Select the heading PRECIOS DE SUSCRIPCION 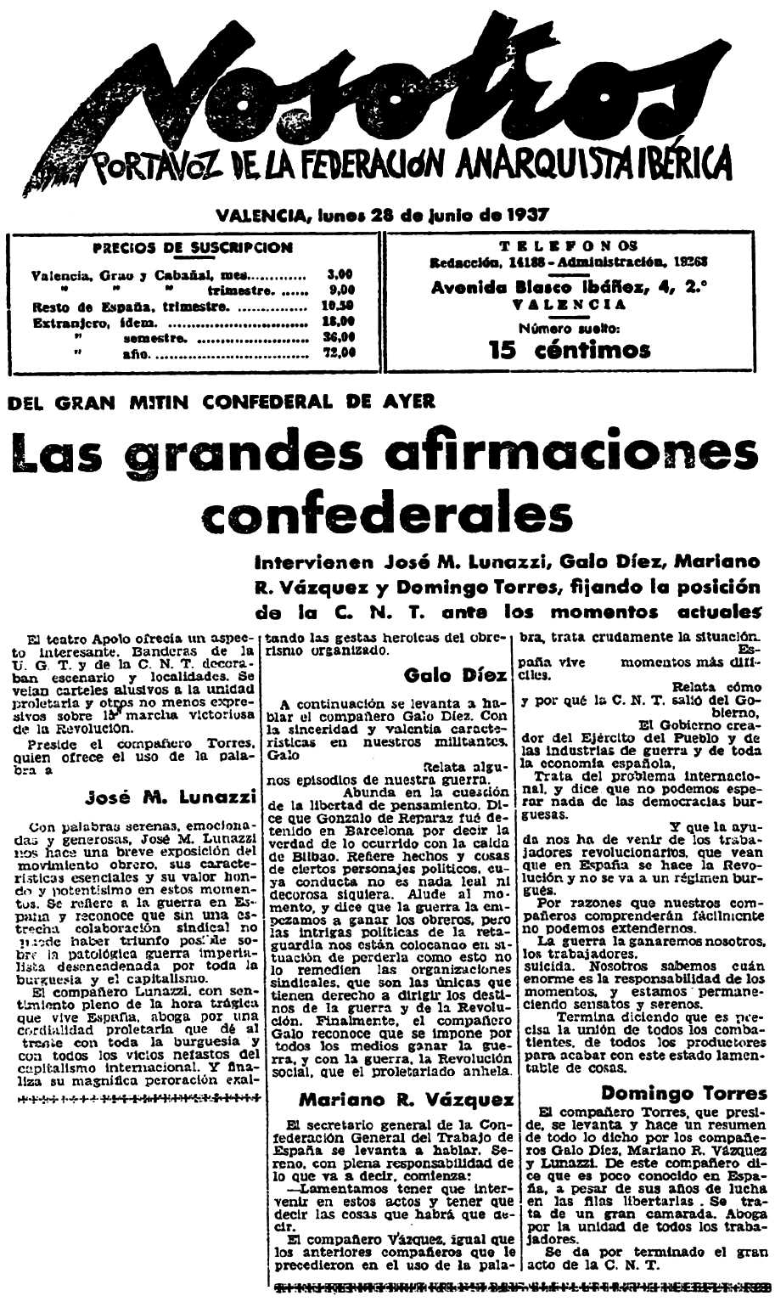192,248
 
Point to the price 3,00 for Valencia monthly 340,275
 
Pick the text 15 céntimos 570,350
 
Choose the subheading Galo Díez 456,675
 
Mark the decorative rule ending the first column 138,1098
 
